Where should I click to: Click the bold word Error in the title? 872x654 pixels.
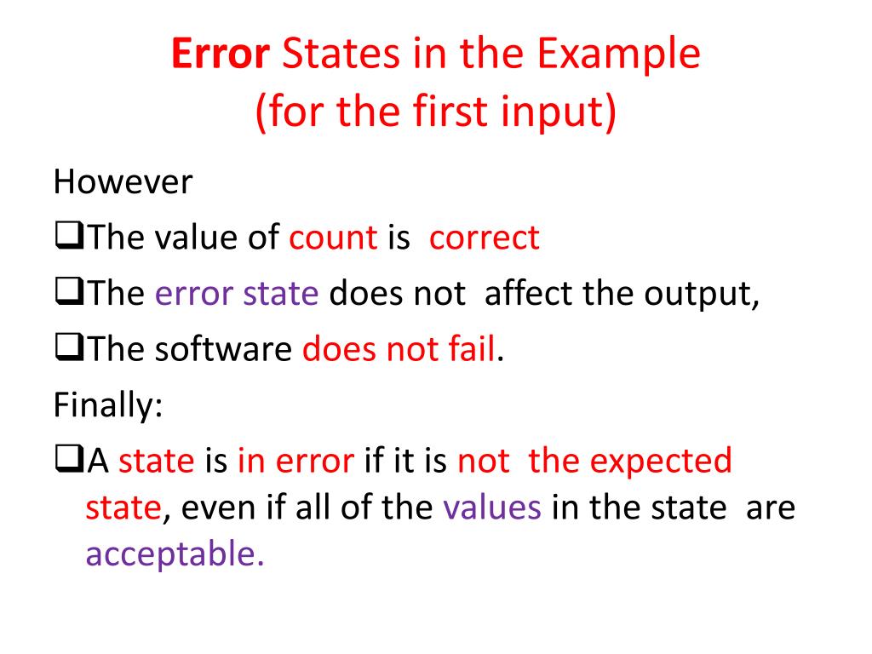[221, 54]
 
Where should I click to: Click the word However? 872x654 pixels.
[123, 181]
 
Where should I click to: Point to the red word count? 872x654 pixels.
[333, 238]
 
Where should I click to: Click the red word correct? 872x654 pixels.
[485, 238]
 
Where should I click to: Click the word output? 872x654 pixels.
[700, 294]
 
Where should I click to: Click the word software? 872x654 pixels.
[224, 349]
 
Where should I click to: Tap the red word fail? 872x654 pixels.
[473, 349]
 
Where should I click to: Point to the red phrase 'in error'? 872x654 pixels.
[295, 461]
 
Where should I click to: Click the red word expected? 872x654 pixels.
[660, 461]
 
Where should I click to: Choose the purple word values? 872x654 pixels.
[492, 508]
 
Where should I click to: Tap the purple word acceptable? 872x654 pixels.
[175, 554]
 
